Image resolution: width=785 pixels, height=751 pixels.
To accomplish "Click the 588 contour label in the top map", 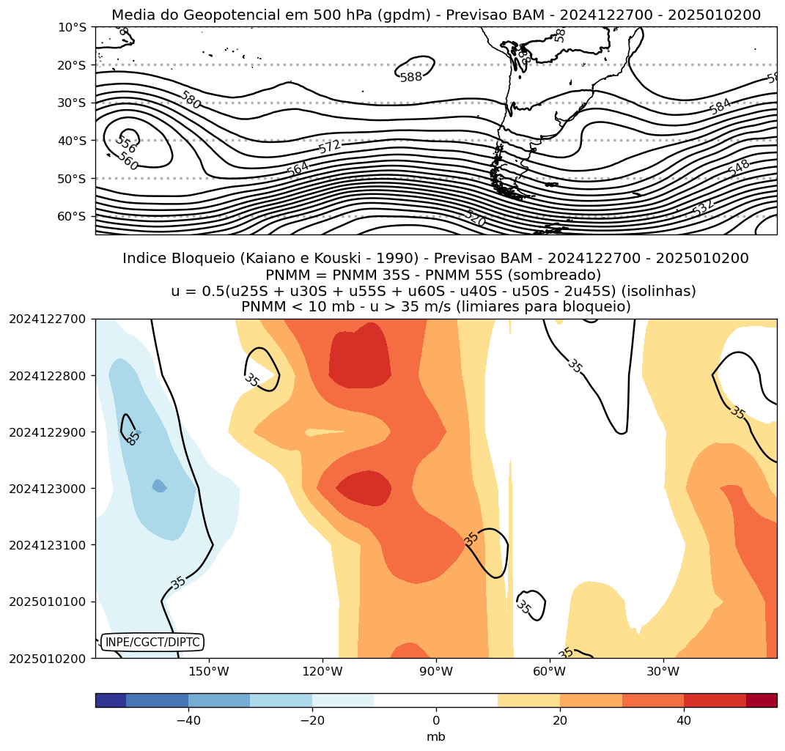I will click(411, 77).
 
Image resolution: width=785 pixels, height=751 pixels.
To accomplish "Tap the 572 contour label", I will click(330, 147).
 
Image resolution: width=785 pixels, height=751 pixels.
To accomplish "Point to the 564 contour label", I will click(298, 169).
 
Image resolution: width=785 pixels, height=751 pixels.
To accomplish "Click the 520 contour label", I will click(475, 218).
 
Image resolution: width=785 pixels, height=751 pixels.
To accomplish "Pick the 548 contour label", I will click(739, 168).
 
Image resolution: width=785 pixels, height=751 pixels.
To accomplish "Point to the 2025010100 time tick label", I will click(47, 602).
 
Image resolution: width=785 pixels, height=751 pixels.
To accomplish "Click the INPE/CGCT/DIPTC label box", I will click(152, 642).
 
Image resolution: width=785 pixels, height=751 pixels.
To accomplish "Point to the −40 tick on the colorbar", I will click(188, 721).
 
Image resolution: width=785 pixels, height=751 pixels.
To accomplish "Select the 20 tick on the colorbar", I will click(560, 721).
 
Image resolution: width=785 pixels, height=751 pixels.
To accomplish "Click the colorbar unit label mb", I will click(436, 737).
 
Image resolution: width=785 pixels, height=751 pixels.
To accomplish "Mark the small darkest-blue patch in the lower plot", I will click(159, 486).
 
